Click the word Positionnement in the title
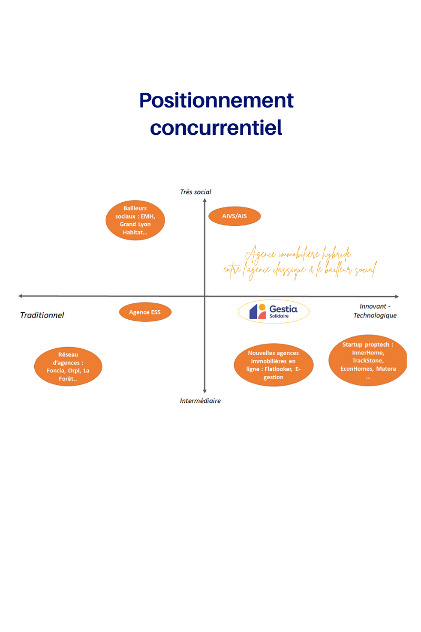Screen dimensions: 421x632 [216, 101]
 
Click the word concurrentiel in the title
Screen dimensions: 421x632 [216, 127]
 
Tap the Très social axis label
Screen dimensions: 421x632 [195, 192]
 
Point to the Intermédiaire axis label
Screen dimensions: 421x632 [200, 401]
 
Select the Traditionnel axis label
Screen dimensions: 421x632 [42, 315]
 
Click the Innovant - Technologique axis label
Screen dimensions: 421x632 [375, 311]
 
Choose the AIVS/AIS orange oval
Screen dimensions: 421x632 [235, 216]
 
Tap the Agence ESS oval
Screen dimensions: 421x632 [145, 312]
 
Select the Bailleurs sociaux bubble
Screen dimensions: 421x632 [135, 220]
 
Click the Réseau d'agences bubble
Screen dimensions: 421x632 [68, 367]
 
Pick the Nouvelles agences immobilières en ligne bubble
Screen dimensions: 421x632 [274, 365]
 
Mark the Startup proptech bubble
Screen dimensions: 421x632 [368, 360]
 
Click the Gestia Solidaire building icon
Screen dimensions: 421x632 [257, 311]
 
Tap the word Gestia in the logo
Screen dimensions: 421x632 [284, 309]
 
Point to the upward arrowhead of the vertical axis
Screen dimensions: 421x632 [205, 200]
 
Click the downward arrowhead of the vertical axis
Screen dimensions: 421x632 [205, 391]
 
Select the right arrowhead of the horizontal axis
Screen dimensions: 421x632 [397, 297]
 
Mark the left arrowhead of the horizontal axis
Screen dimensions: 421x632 [21, 296]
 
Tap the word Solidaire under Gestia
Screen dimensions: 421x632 [279, 316]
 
